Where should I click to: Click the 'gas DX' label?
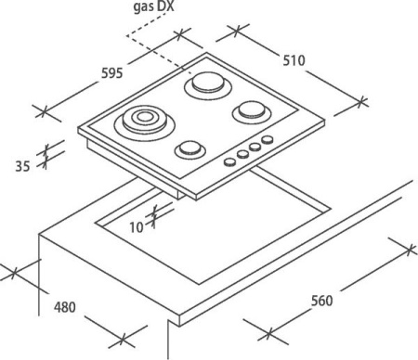153,6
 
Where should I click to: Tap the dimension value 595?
112,73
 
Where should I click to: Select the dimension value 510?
294,60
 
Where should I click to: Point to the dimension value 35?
22,166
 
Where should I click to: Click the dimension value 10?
137,227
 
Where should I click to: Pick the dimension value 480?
65,307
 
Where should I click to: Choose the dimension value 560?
322,301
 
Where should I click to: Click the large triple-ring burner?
144,122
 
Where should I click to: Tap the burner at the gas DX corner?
208,85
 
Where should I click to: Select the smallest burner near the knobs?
190,150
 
